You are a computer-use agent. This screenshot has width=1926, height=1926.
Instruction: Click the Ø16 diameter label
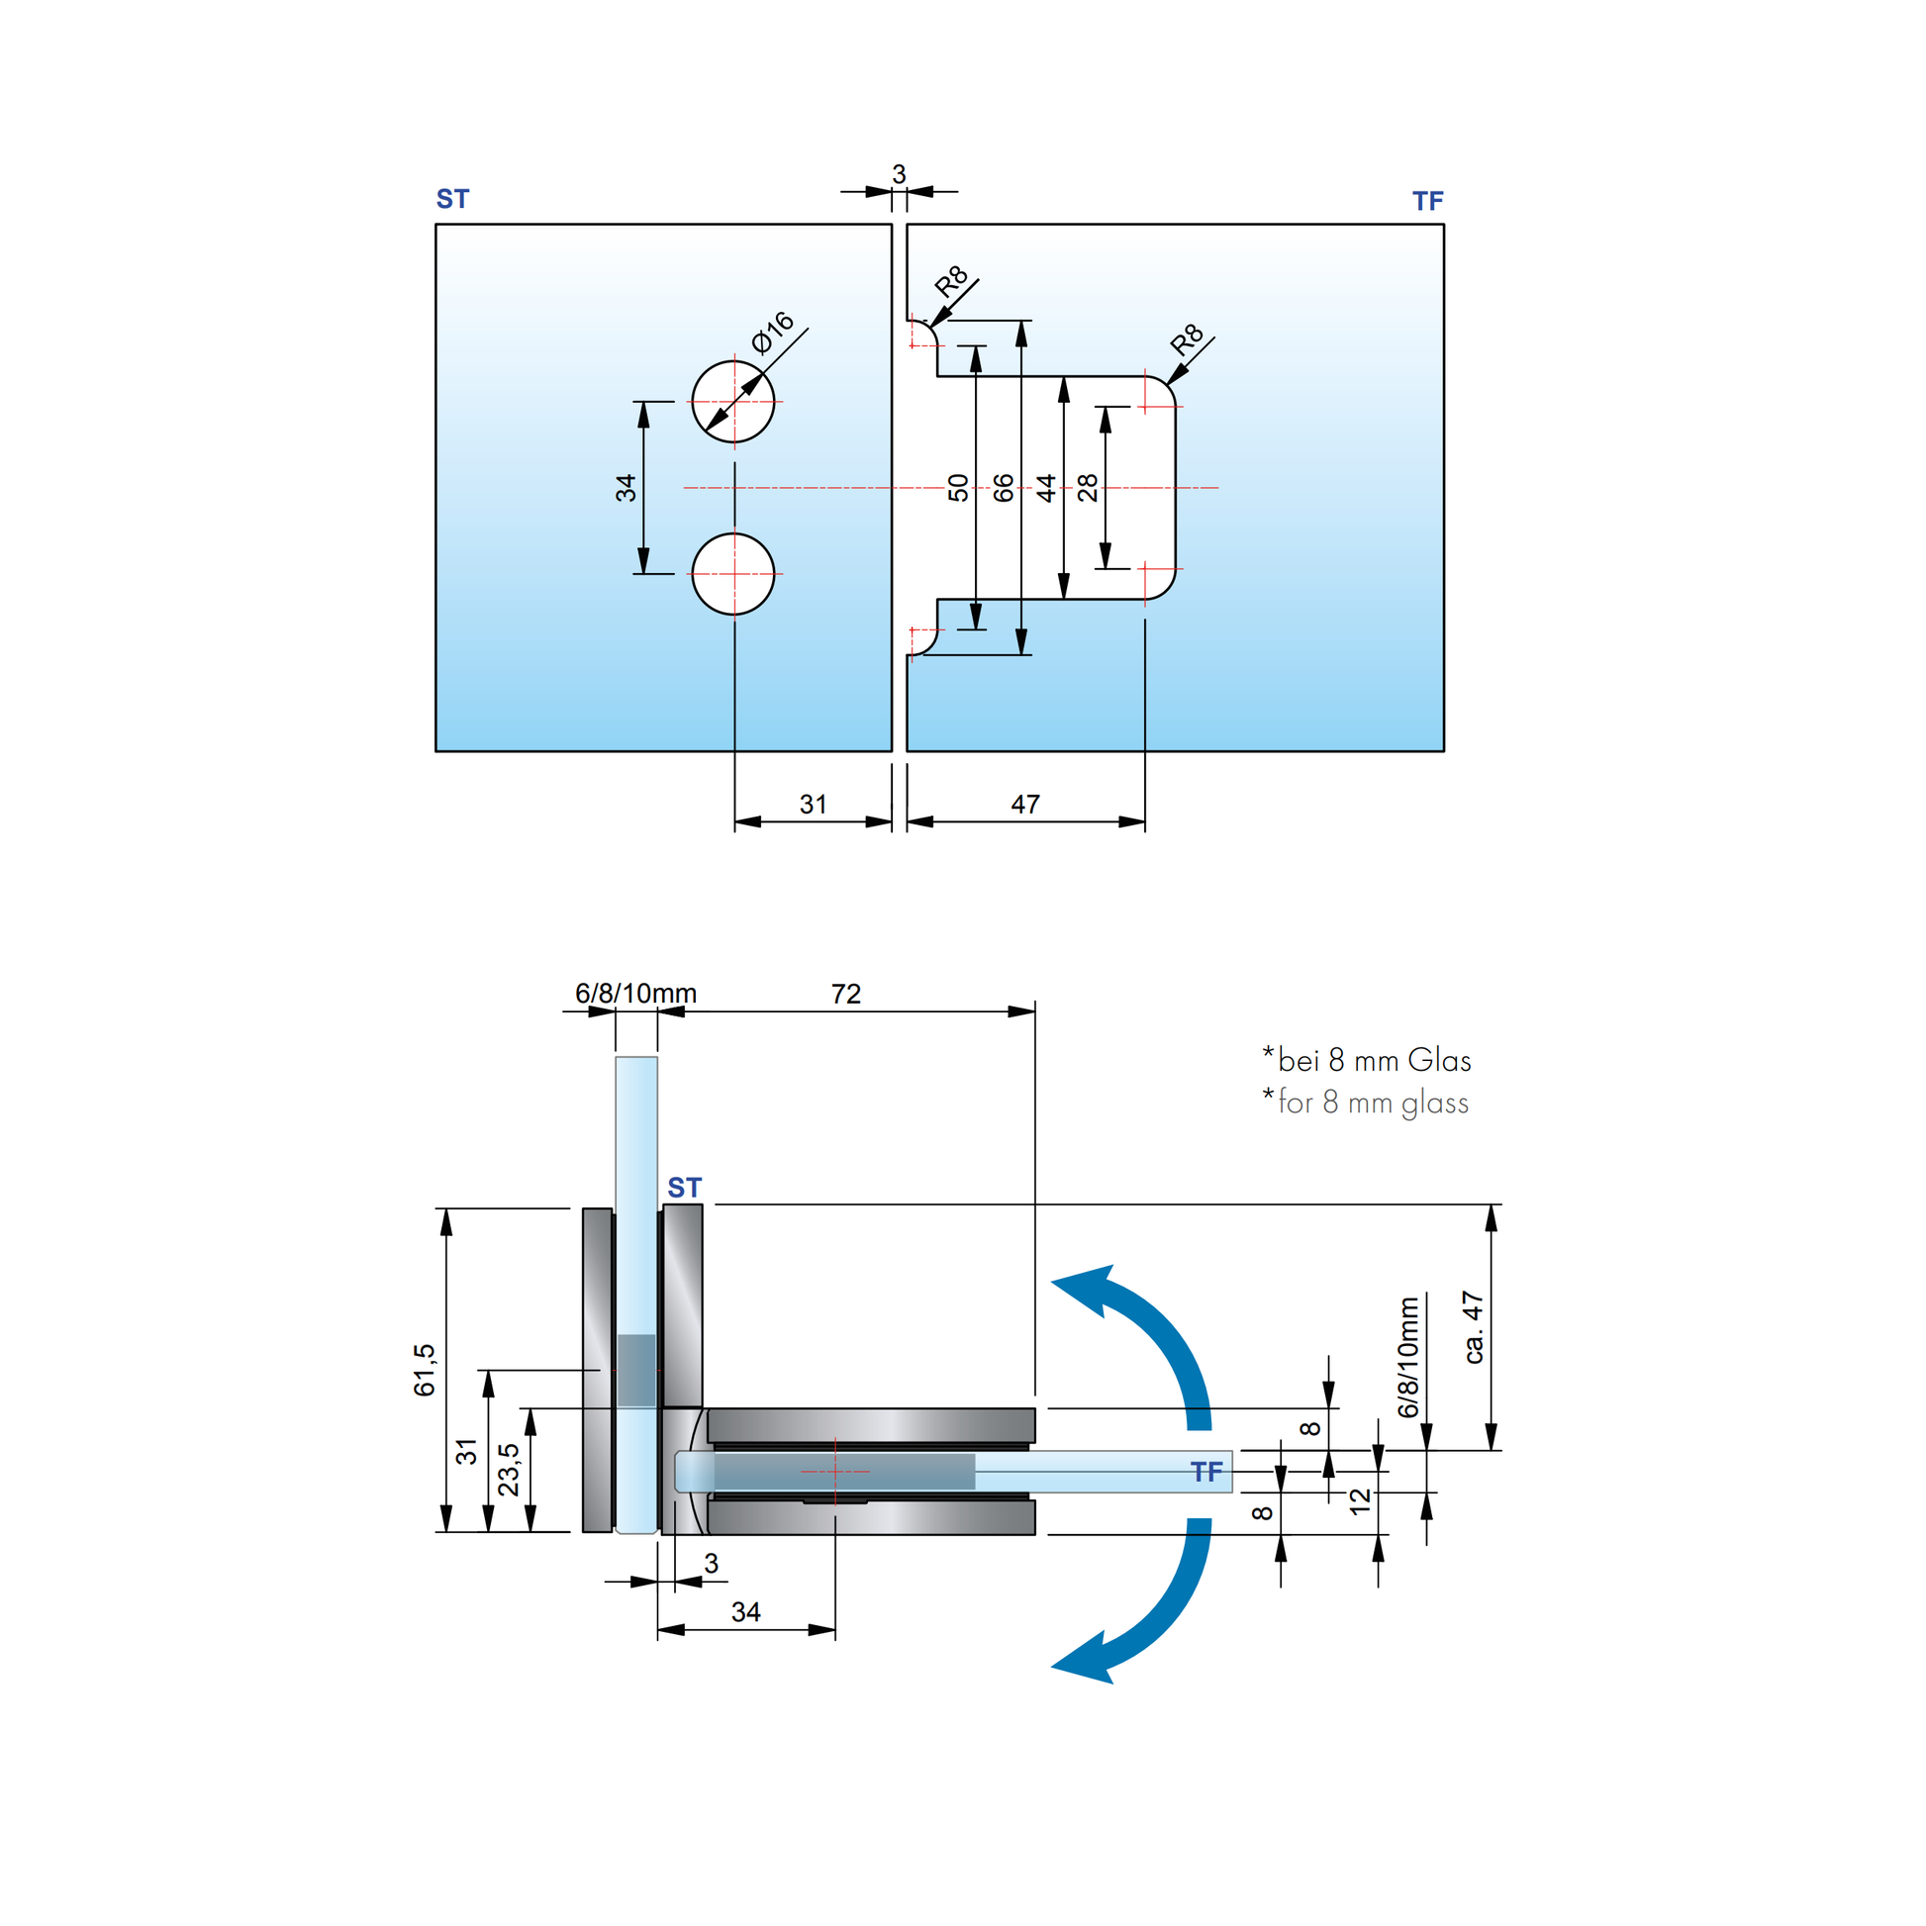pyautogui.click(x=774, y=332)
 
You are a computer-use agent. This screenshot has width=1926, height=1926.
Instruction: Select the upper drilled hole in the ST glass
pyautogui.click(x=733, y=402)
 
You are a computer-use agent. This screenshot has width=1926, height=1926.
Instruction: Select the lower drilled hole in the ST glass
pyautogui.click(x=733, y=574)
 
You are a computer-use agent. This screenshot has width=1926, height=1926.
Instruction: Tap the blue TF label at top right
pyautogui.click(x=1427, y=201)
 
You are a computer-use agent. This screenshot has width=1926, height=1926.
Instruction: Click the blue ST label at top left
pyautogui.click(x=452, y=199)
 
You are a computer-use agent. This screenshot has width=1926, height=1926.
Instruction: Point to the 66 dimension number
pyautogui.click(x=1004, y=488)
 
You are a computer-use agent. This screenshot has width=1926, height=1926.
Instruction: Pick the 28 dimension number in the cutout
pyautogui.click(x=1088, y=488)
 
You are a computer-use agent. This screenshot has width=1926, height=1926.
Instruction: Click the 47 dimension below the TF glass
pyautogui.click(x=1024, y=804)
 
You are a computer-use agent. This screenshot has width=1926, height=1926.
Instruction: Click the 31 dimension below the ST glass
pyautogui.click(x=813, y=804)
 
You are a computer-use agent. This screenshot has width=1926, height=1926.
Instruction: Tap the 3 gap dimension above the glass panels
pyautogui.click(x=899, y=174)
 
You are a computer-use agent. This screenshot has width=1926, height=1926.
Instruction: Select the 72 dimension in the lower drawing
pyautogui.click(x=845, y=994)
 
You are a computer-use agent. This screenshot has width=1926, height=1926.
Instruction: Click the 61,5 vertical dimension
pyautogui.click(x=425, y=1370)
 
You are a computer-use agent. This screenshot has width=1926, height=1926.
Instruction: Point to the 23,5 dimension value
pyautogui.click(x=509, y=1470)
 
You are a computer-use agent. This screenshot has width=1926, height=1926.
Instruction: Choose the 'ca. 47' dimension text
pyautogui.click(x=1474, y=1327)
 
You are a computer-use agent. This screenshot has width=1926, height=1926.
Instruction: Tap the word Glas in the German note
pyautogui.click(x=1438, y=1061)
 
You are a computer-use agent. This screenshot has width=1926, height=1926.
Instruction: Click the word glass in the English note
pyautogui.click(x=1434, y=1103)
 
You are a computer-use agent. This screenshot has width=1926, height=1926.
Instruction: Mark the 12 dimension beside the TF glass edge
pyautogui.click(x=1360, y=1501)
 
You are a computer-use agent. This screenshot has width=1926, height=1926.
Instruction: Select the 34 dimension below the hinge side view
pyautogui.click(x=745, y=1612)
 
